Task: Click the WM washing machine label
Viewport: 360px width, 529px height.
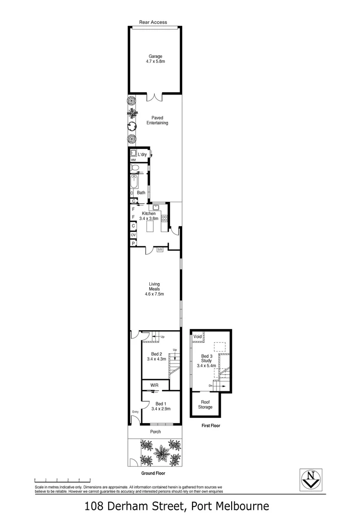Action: (x=133, y=160)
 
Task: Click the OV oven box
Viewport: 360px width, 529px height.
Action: (x=133, y=235)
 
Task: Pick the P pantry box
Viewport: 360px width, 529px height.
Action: (x=133, y=242)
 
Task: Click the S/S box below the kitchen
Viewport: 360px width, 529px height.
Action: (x=160, y=250)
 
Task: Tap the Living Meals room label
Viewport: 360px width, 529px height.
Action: (x=154, y=289)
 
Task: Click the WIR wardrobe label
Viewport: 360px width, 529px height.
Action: (x=154, y=385)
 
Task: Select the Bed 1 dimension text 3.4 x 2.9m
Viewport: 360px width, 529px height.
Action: (x=160, y=409)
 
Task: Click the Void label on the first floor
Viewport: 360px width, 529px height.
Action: (x=197, y=337)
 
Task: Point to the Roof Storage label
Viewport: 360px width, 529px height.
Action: (x=205, y=405)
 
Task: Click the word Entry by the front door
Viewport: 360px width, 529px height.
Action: (x=135, y=411)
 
